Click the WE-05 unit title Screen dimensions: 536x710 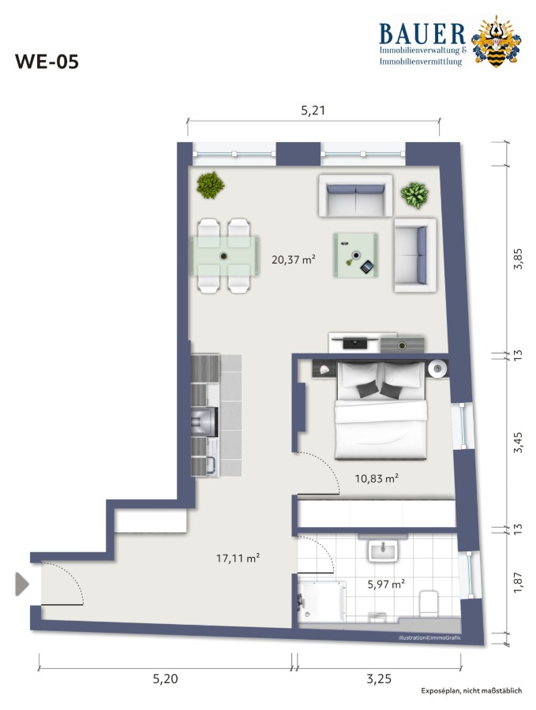[47, 62]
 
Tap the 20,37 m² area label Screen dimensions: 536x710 [293, 260]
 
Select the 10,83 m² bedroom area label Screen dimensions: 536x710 [377, 478]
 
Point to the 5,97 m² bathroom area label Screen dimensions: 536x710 [386, 584]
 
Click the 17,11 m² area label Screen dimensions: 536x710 [238, 559]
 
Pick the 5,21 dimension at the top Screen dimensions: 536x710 [313, 110]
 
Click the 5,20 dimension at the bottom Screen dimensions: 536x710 [165, 678]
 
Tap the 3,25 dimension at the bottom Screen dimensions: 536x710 [379, 678]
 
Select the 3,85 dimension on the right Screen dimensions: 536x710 [518, 259]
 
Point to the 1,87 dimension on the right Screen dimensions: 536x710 [518, 584]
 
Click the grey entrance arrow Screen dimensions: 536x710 [22, 584]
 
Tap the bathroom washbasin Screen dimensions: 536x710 [384, 549]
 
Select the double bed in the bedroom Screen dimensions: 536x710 [380, 410]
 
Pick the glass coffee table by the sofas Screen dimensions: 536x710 [356, 255]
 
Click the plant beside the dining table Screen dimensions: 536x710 [210, 185]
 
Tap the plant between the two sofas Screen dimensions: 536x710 [414, 195]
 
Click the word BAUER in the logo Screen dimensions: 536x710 [422, 34]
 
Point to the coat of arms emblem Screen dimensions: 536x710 [496, 42]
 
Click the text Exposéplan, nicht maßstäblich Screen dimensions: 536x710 [471, 690]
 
